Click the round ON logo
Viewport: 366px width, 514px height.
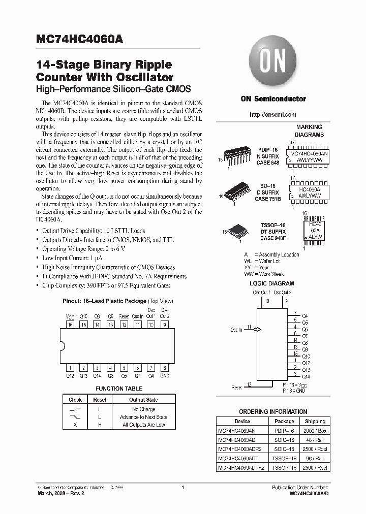click(x=273, y=65)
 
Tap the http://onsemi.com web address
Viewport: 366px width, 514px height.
click(x=273, y=115)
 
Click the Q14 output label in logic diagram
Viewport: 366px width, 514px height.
click(x=305, y=376)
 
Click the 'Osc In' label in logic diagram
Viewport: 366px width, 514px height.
click(x=236, y=330)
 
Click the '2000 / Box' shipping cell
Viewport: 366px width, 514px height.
click(x=315, y=430)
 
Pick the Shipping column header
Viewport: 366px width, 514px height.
click(x=315, y=421)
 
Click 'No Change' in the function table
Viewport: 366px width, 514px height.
click(x=143, y=409)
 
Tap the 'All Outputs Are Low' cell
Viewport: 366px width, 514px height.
click(x=143, y=425)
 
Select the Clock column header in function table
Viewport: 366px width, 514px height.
click(x=75, y=400)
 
